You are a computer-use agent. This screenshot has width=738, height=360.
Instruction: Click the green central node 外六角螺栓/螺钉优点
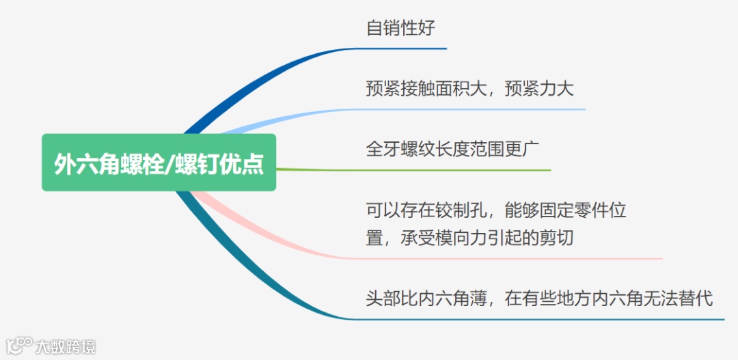[159, 163]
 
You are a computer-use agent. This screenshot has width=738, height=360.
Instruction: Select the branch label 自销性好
[400, 29]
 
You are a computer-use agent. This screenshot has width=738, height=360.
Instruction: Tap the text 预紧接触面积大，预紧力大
[469, 89]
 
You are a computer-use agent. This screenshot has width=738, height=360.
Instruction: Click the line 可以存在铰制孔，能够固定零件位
[496, 210]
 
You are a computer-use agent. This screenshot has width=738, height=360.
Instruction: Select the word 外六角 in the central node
[87, 163]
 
